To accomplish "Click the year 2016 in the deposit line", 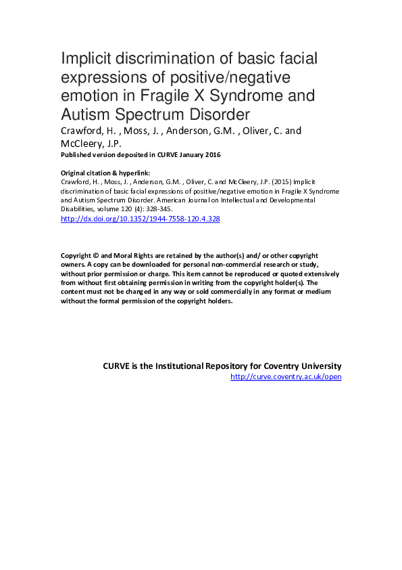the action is [208, 155].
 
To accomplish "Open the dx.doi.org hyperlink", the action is [141, 219].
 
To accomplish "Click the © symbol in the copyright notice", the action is [97, 255].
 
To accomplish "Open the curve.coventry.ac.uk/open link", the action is [286, 376].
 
